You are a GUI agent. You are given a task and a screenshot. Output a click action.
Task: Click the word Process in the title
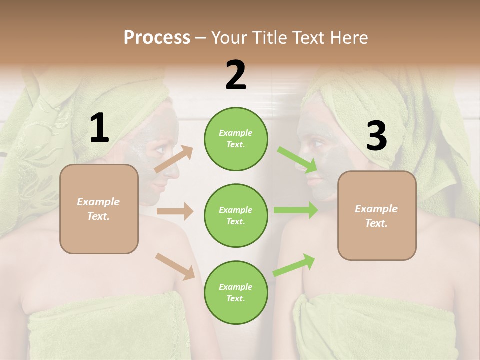[x=157, y=37]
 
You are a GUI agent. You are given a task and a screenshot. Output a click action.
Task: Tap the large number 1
[x=99, y=128]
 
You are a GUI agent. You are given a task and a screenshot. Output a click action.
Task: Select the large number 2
[x=236, y=75]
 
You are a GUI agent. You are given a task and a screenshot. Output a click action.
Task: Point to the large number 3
[x=376, y=136]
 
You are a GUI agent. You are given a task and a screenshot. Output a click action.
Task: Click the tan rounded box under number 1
[x=99, y=209]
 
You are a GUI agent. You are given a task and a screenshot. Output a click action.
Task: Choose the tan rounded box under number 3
[x=377, y=215]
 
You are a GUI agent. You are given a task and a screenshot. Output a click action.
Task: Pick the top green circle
[x=236, y=139]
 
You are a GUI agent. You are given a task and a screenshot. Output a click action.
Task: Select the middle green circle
[x=236, y=215]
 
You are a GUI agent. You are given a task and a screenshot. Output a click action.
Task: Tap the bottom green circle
[x=236, y=292]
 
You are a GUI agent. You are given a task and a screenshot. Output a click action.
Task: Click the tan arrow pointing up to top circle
[x=174, y=159]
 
